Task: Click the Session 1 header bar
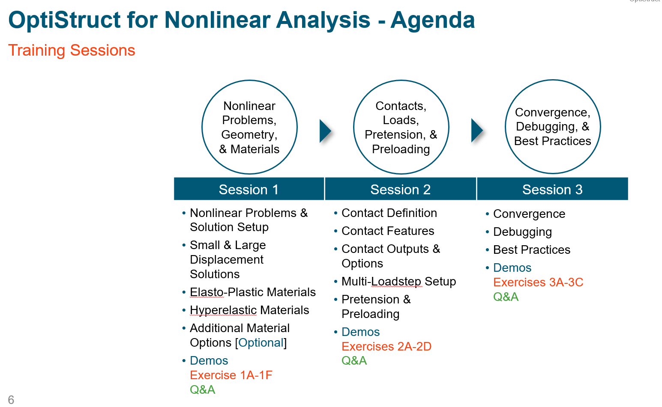pyautogui.click(x=249, y=189)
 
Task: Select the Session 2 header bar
pyautogui.click(x=400, y=189)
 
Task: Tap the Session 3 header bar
pyautogui.click(x=552, y=189)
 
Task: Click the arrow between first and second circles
pyautogui.click(x=325, y=131)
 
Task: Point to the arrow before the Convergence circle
pyautogui.click(x=477, y=131)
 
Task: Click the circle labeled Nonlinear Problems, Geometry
pyautogui.click(x=249, y=127)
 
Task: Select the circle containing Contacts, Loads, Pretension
pyautogui.click(x=401, y=127)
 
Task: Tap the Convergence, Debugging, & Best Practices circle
pyautogui.click(x=553, y=127)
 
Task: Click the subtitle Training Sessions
pyautogui.click(x=72, y=51)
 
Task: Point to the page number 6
pyautogui.click(x=11, y=400)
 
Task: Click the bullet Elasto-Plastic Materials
pyautogui.click(x=252, y=292)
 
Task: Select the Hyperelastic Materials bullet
pyautogui.click(x=249, y=310)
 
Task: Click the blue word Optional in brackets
pyautogui.click(x=261, y=343)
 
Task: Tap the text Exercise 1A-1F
pyautogui.click(x=231, y=375)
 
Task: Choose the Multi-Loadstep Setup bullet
pyautogui.click(x=398, y=282)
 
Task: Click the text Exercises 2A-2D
pyautogui.click(x=386, y=347)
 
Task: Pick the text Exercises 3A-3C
pyautogui.click(x=538, y=282)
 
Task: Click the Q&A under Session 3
pyautogui.click(x=506, y=297)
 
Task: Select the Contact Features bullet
pyautogui.click(x=387, y=231)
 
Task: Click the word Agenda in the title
pyautogui.click(x=432, y=20)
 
